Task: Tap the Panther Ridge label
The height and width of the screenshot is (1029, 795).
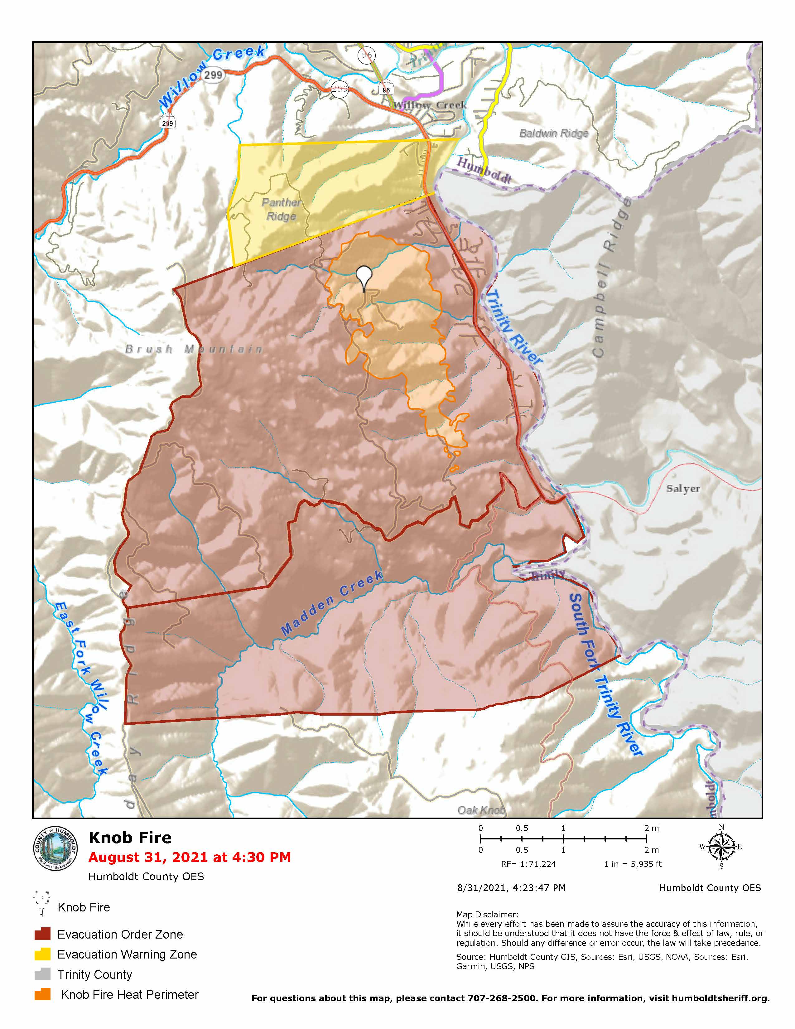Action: tap(282, 209)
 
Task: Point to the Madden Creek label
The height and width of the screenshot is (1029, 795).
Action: tap(332, 603)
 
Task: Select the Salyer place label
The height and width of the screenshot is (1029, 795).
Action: tap(683, 489)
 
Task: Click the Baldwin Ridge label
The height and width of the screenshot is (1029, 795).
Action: tap(554, 133)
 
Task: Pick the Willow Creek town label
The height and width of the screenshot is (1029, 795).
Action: tap(430, 105)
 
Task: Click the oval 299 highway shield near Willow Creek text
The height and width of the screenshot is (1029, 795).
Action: tap(213, 75)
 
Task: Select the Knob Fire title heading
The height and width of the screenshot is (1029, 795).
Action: tap(130, 838)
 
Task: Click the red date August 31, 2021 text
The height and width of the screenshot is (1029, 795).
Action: tap(189, 857)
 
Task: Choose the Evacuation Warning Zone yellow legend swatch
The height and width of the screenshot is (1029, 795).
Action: tap(42, 954)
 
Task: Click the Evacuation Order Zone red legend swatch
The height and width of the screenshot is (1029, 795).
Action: tap(42, 934)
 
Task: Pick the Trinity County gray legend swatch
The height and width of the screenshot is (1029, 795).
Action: tap(42, 974)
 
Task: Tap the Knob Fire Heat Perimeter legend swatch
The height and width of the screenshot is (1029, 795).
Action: tap(42, 994)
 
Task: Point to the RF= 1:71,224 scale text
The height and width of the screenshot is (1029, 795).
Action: tap(528, 864)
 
